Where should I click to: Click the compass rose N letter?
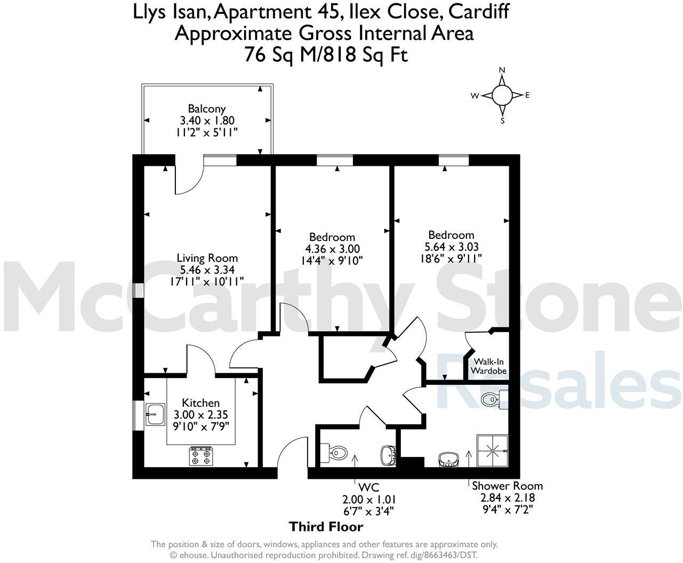pyautogui.click(x=502, y=70)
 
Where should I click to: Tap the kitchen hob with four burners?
pyautogui.click(x=201, y=456)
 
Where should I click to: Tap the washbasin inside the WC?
pyautogui.click(x=388, y=455)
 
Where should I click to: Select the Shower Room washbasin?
pyautogui.click(x=448, y=459)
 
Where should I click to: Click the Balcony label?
pyautogui.click(x=207, y=109)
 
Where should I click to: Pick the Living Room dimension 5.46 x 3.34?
pyautogui.click(x=207, y=270)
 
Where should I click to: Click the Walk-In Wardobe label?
pyautogui.click(x=490, y=366)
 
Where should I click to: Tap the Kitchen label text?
pyautogui.click(x=201, y=403)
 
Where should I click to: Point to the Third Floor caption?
pyautogui.click(x=326, y=527)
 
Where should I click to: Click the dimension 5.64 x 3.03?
pyautogui.click(x=451, y=247)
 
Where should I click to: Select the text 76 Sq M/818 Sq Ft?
pyautogui.click(x=326, y=54)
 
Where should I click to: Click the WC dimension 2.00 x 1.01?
pyautogui.click(x=369, y=500)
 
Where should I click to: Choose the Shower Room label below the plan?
pyautogui.click(x=507, y=486)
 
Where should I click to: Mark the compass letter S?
pyautogui.click(x=502, y=120)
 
